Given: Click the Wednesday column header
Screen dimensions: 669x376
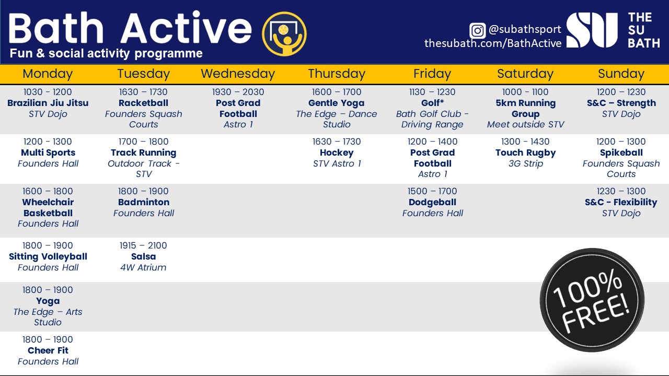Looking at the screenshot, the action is tap(238, 74).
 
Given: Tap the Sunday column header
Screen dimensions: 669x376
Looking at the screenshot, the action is tap(621, 74).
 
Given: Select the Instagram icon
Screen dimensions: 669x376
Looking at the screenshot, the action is tap(477, 30).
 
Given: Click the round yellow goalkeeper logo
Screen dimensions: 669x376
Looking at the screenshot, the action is tap(284, 34).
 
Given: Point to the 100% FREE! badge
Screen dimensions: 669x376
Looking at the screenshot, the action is tap(592, 300).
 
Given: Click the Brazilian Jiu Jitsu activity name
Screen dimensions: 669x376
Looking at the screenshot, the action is tap(48, 103).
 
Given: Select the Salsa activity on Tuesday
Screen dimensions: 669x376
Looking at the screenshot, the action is tap(143, 256).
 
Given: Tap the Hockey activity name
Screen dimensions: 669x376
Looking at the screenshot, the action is tap(337, 153).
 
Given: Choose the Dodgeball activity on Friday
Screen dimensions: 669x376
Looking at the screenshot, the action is tap(432, 202).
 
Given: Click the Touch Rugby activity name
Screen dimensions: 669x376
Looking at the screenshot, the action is tap(525, 153).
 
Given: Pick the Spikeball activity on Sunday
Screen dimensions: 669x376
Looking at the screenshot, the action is tap(621, 153).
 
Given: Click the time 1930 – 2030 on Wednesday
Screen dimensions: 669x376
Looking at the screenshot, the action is tap(238, 92).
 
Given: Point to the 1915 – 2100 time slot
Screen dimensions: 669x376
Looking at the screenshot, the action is tap(143, 245).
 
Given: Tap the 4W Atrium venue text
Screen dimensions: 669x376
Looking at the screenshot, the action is tap(143, 267).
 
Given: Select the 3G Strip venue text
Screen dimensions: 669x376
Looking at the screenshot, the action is tap(526, 164).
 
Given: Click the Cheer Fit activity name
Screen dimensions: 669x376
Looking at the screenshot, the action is tap(48, 350).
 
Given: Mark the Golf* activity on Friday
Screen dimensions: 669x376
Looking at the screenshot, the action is tap(432, 103).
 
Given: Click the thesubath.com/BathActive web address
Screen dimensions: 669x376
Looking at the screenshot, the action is tap(493, 43).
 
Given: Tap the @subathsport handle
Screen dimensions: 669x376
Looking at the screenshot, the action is tap(525, 29).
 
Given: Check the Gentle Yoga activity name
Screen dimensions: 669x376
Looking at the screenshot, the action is tap(336, 103).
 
